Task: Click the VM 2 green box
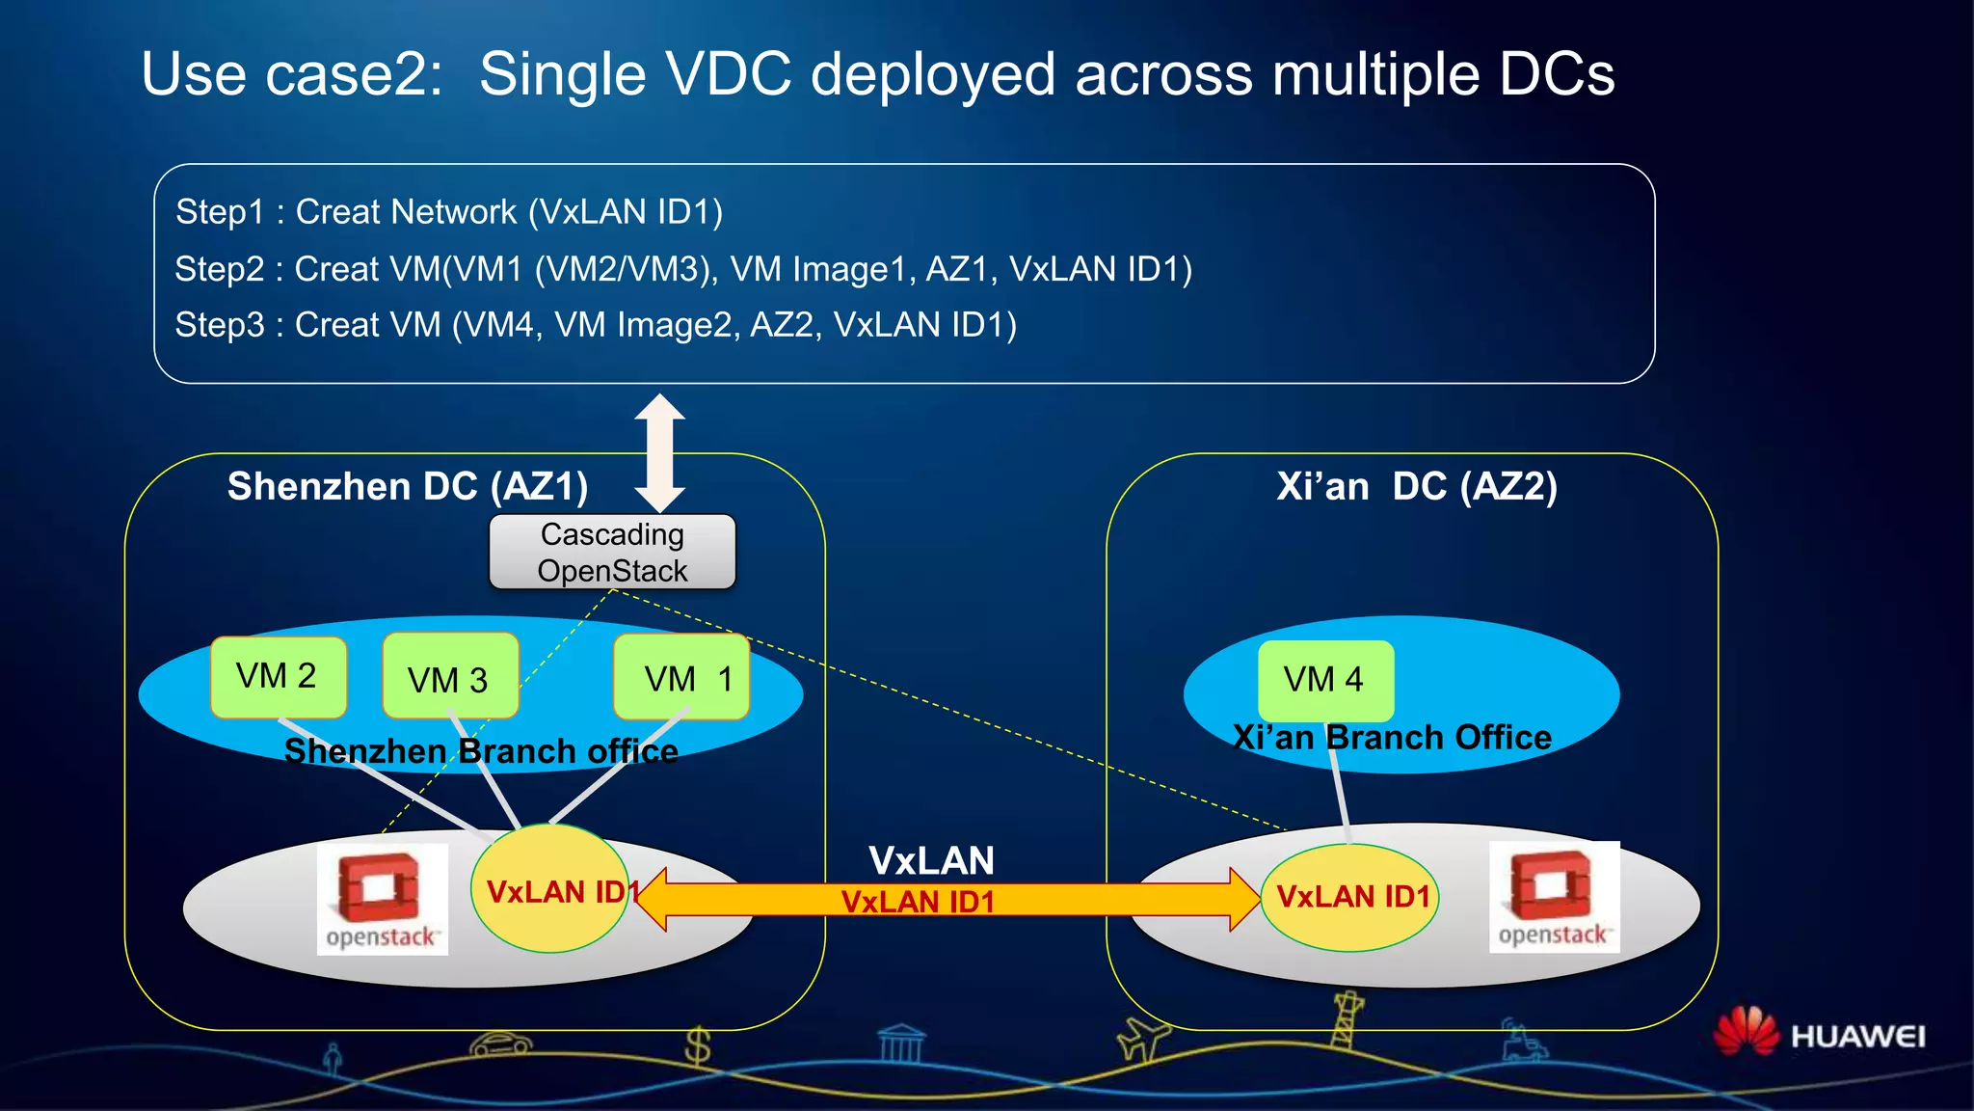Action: pyautogui.click(x=278, y=677)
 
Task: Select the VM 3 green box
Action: pyautogui.click(x=450, y=677)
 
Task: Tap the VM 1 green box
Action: pyautogui.click(x=681, y=677)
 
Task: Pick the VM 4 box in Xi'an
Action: pyautogui.click(x=1325, y=680)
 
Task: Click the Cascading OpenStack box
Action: pyautogui.click(x=612, y=552)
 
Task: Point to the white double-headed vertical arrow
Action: pyautogui.click(x=659, y=452)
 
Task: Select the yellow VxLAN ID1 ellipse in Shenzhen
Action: pyautogui.click(x=549, y=889)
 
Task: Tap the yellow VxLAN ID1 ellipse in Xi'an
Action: pyautogui.click(x=1349, y=897)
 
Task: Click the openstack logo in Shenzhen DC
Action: pyautogui.click(x=382, y=899)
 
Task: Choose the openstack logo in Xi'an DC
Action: pyautogui.click(x=1554, y=897)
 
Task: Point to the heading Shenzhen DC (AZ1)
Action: pyautogui.click(x=408, y=486)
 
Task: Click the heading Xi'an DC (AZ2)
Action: pyautogui.click(x=1417, y=486)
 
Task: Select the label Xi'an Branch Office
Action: pyautogui.click(x=1393, y=738)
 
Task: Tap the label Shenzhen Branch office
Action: pyautogui.click(x=481, y=751)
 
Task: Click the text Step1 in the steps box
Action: pyautogui.click(x=219, y=212)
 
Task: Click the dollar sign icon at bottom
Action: pyautogui.click(x=697, y=1045)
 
